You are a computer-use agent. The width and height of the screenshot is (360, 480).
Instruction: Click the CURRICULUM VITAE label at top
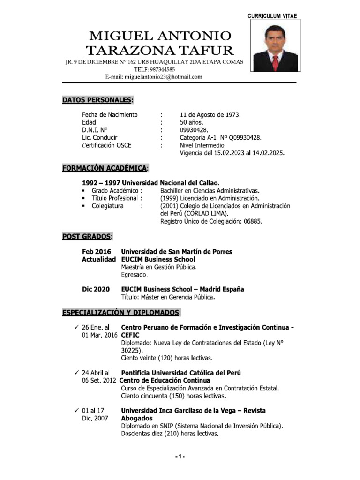272,16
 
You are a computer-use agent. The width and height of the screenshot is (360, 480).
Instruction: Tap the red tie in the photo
276,60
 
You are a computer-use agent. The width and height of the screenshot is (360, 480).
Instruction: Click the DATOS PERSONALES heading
97,100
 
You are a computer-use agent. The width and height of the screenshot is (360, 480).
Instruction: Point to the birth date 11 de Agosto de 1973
210,115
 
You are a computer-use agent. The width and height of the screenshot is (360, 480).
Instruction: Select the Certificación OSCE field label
107,145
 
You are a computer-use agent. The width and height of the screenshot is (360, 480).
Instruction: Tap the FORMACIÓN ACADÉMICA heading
106,168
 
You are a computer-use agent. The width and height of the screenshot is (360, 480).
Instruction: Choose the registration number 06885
252,221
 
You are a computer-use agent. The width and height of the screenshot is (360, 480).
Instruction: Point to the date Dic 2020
96,289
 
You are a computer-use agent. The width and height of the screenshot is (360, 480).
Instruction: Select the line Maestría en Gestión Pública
159,267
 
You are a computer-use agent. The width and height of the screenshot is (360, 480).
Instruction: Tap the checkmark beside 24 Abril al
77,372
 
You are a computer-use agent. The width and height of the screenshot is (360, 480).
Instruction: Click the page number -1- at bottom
180,457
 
